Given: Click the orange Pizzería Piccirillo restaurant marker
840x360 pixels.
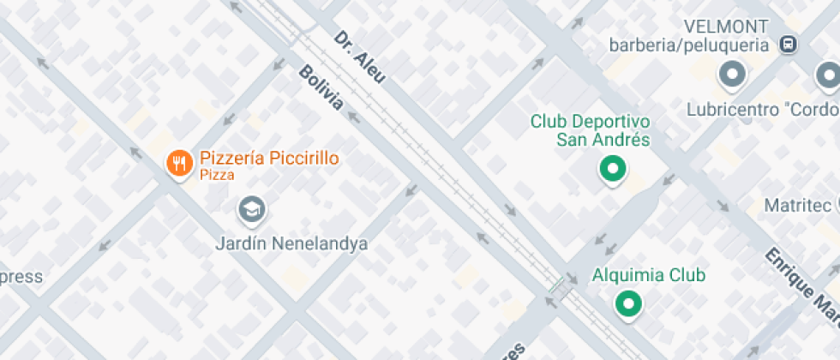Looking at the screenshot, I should [178, 163].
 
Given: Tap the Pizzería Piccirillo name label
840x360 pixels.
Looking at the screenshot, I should [269, 159].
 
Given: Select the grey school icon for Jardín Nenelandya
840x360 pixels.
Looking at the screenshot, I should [251, 208].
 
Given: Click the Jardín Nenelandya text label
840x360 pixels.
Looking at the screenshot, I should [291, 243].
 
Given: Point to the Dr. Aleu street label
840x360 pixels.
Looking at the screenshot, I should [359, 57].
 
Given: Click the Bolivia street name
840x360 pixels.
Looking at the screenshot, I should [321, 87].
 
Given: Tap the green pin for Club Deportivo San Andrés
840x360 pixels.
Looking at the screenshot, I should [612, 169].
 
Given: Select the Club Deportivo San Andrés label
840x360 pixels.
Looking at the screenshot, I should [590, 130].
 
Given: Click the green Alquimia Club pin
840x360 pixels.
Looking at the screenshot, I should [629, 303].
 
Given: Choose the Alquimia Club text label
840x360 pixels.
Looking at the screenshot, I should [649, 275].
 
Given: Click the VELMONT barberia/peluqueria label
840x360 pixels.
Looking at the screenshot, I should [689, 35].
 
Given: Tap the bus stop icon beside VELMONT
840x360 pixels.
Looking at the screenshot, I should [787, 44].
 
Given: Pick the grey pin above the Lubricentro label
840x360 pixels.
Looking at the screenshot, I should [732, 75].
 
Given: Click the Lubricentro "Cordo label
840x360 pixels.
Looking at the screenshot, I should [762, 110].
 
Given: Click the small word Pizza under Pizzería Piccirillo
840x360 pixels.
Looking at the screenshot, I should [217, 175].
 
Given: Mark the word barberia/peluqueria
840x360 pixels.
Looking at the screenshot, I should [689, 45].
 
